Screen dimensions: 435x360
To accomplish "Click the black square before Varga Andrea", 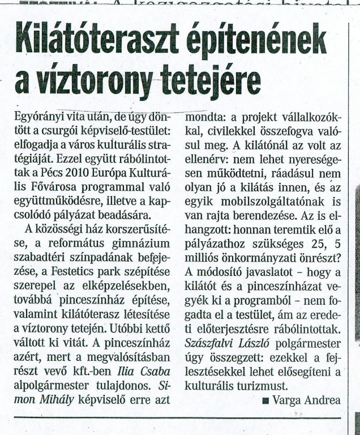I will point(265,401).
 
